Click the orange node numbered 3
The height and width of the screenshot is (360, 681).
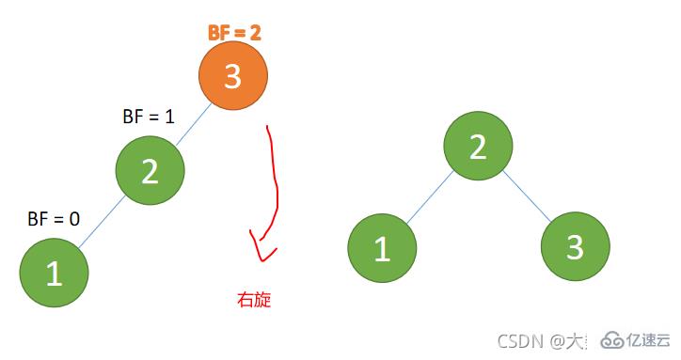click(x=233, y=76)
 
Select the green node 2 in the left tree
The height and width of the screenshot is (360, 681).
click(x=150, y=171)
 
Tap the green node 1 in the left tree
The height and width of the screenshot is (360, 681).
click(x=54, y=272)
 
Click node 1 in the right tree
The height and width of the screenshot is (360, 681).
click(x=382, y=248)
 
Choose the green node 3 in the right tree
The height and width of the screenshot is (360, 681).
click(x=575, y=248)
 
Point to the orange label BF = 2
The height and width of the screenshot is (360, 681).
click(x=234, y=32)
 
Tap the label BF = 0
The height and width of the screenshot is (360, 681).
click(x=54, y=219)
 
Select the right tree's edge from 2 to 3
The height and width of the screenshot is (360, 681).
click(x=527, y=198)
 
